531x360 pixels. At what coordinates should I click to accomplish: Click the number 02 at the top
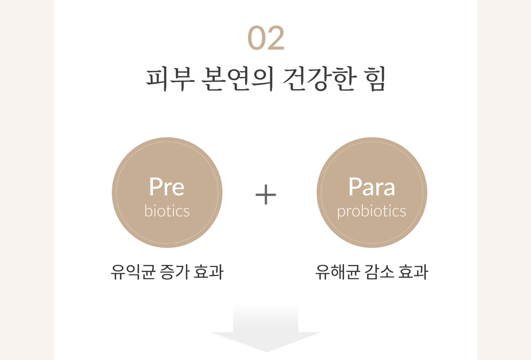point(266,38)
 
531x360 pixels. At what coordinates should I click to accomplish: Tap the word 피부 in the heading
point(170,79)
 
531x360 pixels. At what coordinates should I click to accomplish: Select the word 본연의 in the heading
point(237,79)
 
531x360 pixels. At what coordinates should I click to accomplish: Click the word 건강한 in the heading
point(319,79)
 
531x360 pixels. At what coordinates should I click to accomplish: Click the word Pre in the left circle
point(166,186)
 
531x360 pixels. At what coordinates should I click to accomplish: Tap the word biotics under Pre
point(167,211)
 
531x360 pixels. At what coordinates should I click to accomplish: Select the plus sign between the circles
point(266,195)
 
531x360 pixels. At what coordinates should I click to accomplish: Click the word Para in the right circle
point(372,186)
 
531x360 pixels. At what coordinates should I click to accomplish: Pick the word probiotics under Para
point(372,211)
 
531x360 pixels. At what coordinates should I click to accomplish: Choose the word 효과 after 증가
point(209,272)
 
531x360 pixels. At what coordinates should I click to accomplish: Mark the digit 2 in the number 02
point(275,38)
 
